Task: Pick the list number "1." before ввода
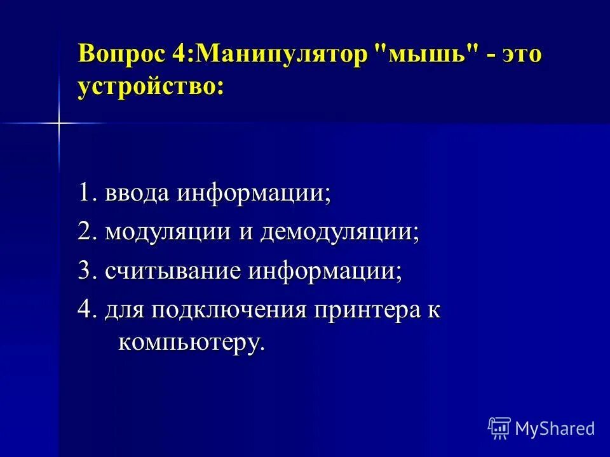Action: [x=87, y=194]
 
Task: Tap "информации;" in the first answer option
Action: [x=254, y=194]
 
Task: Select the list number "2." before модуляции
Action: [x=87, y=232]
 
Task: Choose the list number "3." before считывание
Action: [x=87, y=271]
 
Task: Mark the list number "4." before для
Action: [x=87, y=310]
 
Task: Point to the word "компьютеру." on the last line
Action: [x=191, y=343]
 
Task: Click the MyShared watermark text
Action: [x=555, y=428]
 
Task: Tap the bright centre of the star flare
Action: [x=58, y=123]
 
